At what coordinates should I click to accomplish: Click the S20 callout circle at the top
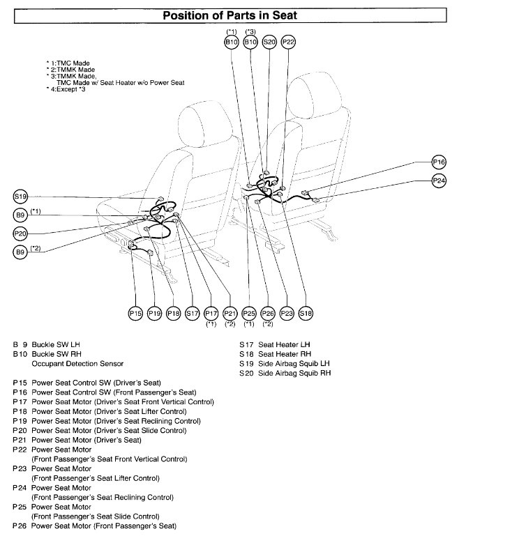coord(269,43)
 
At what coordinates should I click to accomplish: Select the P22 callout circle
coord(289,43)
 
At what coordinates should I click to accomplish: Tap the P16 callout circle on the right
coord(439,162)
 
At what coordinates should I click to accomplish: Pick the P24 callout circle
coord(439,181)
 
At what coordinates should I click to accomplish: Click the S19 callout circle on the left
coord(20,197)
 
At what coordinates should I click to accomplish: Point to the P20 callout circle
coord(20,233)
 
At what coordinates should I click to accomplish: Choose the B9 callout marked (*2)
coord(20,252)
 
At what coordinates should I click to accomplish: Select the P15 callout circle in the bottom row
coord(135,314)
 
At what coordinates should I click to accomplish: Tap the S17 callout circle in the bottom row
coord(193,314)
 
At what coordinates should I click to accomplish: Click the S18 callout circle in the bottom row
coord(306,314)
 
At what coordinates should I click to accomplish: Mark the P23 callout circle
coord(287,314)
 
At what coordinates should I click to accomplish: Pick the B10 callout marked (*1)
coord(231,43)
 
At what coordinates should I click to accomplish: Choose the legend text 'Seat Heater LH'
coord(284,344)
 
